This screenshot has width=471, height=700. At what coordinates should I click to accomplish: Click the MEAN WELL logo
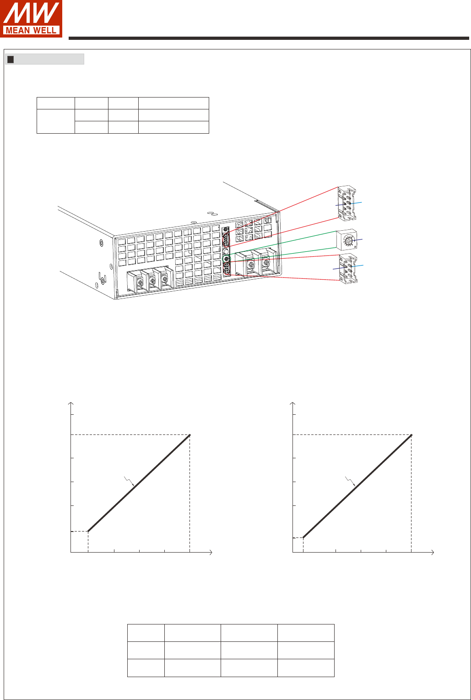tap(31, 19)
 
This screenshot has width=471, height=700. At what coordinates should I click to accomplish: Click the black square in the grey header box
tap(11, 60)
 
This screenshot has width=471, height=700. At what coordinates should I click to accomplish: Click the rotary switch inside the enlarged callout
tap(347, 240)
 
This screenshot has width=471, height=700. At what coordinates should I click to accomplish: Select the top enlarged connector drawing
tap(347, 203)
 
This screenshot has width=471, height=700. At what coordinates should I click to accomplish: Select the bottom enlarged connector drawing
tap(348, 269)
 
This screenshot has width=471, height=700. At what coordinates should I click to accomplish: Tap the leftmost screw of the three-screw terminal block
tap(140, 283)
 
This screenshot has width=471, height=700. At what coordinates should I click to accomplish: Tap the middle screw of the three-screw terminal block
tap(152, 280)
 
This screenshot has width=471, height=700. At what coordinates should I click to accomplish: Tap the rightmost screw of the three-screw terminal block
tap(164, 277)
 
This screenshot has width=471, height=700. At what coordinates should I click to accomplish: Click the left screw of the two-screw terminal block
tap(251, 265)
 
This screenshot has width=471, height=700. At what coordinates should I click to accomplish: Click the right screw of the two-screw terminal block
tap(266, 261)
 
